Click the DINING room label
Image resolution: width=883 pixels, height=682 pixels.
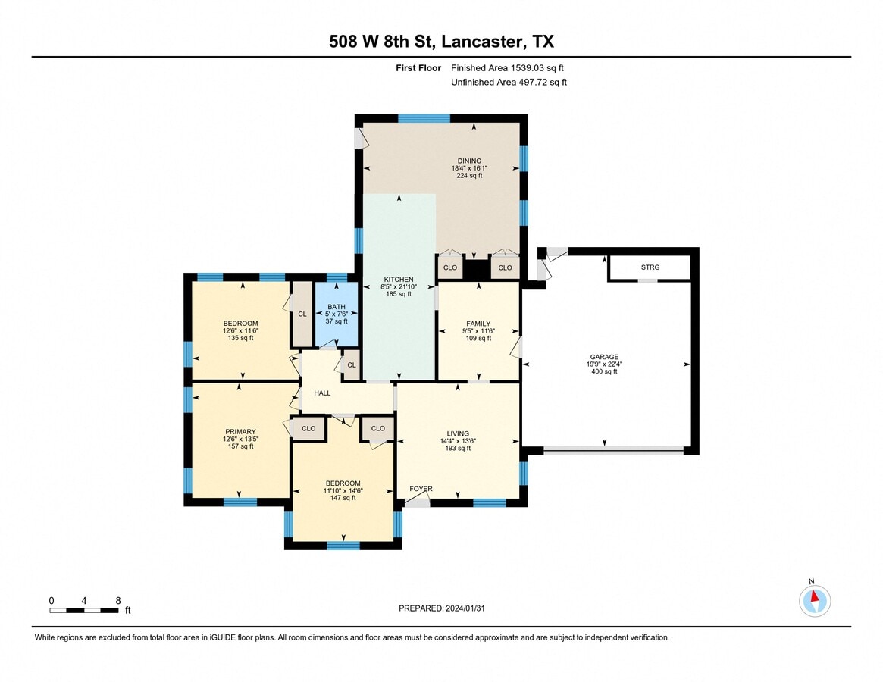point(469,161)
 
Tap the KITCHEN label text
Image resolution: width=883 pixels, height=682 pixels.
point(399,280)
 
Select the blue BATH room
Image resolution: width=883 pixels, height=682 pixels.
point(337,314)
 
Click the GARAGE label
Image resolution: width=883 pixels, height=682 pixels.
point(604,357)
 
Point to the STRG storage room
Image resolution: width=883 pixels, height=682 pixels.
point(650,267)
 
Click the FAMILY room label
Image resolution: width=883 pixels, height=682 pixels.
point(478,324)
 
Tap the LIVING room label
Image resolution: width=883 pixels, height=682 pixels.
point(458,433)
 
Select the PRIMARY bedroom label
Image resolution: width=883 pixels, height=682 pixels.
point(240,432)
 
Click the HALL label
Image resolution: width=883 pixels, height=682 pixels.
point(322,393)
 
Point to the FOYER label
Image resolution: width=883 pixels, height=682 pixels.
point(421,489)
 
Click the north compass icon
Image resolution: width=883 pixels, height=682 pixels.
point(814,600)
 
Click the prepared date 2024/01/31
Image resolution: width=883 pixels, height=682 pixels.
point(465,608)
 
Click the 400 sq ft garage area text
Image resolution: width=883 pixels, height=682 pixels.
point(604,372)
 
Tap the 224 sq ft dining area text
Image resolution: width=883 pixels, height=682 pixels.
point(469,175)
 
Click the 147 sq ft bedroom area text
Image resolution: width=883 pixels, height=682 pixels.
point(343,498)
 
